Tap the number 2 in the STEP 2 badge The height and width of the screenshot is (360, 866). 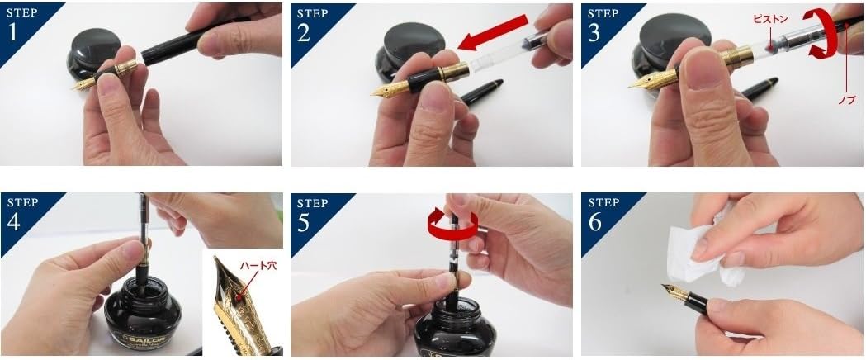pyautogui.click(x=303, y=33)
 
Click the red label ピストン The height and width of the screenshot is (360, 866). pyautogui.click(x=770, y=18)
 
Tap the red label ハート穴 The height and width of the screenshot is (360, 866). pyautogui.click(x=258, y=266)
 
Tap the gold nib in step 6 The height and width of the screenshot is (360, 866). pyautogui.click(x=674, y=291)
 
